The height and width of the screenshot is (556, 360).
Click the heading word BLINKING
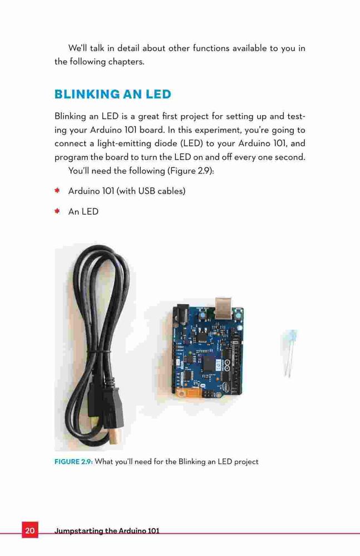pyautogui.click(x=87, y=95)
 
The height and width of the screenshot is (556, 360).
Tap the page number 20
pyautogui.click(x=30, y=530)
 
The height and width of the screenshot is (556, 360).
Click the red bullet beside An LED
pyautogui.click(x=57, y=211)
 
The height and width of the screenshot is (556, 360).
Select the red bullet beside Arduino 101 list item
pyautogui.click(x=57, y=191)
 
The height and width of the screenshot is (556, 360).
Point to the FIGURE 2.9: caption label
pyautogui.click(x=73, y=461)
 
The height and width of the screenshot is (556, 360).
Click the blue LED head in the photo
pyautogui.click(x=290, y=335)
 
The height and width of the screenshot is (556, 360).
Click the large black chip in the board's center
pyautogui.click(x=209, y=364)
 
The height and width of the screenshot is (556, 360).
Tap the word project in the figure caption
pyautogui.click(x=246, y=462)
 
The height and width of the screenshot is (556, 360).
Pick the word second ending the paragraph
pyautogui.click(x=290, y=157)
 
